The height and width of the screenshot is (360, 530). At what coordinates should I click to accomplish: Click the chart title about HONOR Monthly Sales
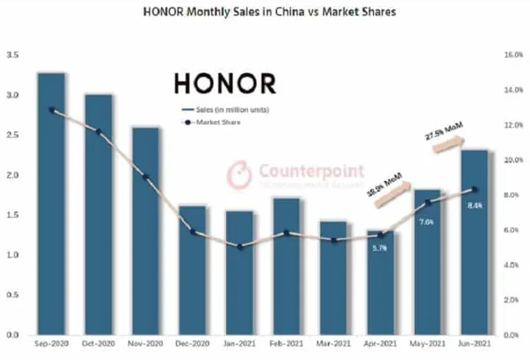tap(264, 13)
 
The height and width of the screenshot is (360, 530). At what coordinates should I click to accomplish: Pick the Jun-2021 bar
tap(475, 243)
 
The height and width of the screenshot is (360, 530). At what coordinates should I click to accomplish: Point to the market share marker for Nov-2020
tap(146, 177)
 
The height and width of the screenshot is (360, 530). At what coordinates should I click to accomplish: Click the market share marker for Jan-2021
tap(240, 247)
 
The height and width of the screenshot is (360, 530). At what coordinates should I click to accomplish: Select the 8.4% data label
tap(475, 205)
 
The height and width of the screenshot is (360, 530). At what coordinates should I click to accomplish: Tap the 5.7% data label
tap(380, 249)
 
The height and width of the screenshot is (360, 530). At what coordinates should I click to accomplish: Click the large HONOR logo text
tap(225, 83)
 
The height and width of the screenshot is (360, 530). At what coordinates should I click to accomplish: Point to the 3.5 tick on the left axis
tap(12, 55)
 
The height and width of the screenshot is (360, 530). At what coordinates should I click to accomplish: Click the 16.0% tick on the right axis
tap(512, 55)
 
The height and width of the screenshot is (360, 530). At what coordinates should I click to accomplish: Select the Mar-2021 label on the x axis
tap(333, 344)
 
